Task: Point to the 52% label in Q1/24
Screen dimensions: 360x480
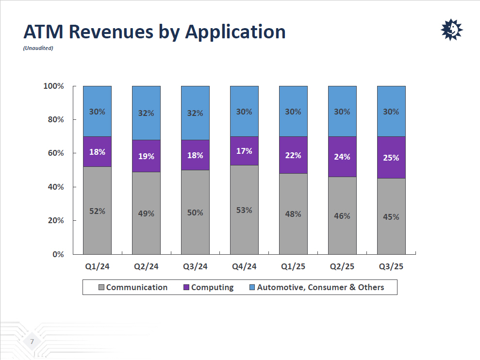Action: pos(97,211)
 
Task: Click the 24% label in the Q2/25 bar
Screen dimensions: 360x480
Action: pos(342,157)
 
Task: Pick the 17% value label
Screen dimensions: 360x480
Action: pos(244,151)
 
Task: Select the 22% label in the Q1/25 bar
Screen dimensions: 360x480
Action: pos(293,155)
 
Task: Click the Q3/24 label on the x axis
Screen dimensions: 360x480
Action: pos(195,266)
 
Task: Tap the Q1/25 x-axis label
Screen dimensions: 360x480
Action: pos(293,266)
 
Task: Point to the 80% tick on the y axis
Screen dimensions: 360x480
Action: pos(54,120)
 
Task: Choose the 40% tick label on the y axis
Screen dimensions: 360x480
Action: pos(54,187)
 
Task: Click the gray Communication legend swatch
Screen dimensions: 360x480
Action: pos(101,288)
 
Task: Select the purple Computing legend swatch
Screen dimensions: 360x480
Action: pos(186,288)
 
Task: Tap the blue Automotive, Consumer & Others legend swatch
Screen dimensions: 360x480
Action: pos(252,288)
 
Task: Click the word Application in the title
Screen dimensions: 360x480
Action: pos(235,32)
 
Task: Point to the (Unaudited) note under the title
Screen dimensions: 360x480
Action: pos(38,48)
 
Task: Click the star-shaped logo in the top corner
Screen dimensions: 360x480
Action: pos(451,30)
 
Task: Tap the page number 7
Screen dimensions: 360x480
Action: pos(32,342)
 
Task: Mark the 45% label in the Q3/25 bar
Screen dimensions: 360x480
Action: pos(391,217)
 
